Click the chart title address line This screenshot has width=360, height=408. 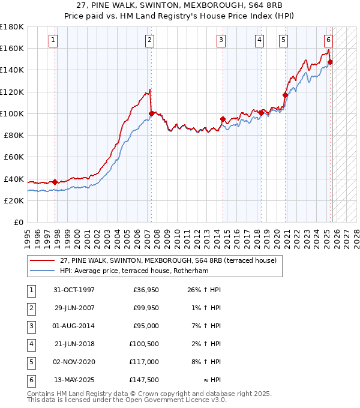click(x=179, y=5)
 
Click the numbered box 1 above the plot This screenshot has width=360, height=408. click(x=53, y=40)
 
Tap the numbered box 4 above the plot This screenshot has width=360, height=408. click(x=259, y=40)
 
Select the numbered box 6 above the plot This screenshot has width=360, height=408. click(x=328, y=40)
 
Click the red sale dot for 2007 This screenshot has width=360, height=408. click(x=151, y=113)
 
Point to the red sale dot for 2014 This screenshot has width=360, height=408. click(x=223, y=119)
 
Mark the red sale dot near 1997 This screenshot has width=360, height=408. click(x=55, y=182)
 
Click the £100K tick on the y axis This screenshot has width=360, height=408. click(x=12, y=113)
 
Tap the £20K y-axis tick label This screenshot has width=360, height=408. click(x=14, y=200)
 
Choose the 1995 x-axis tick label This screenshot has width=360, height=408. click(x=28, y=236)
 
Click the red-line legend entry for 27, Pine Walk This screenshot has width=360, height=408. click(x=168, y=260)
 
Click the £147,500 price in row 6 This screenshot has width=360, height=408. click(x=145, y=380)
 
